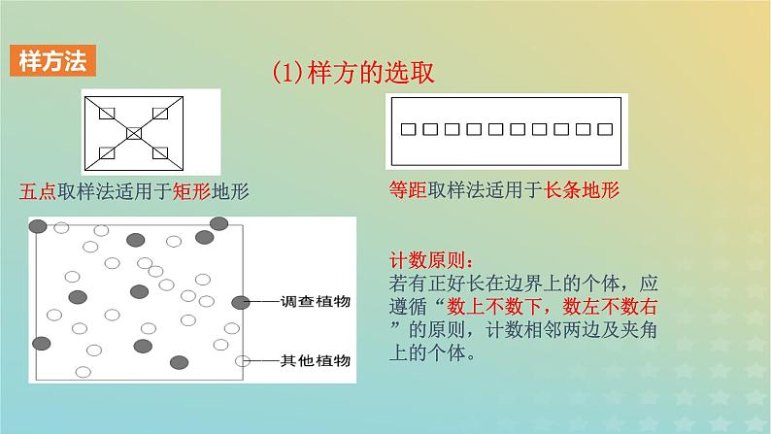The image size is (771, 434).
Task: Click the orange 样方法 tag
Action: pos(52,61)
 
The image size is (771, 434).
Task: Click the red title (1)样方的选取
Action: pos(353,73)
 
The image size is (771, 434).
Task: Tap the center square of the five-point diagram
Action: pos(134,133)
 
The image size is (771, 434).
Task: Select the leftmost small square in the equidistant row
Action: pos(408,129)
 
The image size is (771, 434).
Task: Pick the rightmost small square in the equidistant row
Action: pos(605,129)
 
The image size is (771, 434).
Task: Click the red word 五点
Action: pos(38,191)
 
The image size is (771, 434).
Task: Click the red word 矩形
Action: pos(191,191)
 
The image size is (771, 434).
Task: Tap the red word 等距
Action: pos(408,189)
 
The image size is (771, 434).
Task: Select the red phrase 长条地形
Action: pos(582,189)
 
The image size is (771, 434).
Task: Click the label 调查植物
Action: pos(316,302)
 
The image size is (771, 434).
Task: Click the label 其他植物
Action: pos(316,361)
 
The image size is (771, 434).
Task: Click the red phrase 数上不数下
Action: pos(494,307)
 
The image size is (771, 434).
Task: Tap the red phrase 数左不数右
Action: pos(610,307)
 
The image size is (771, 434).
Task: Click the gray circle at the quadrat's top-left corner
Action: pos(38,226)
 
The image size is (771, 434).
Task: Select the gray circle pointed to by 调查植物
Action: pos(241,302)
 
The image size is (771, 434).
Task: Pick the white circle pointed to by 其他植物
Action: pos(243,361)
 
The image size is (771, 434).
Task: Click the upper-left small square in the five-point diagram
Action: pos(107,114)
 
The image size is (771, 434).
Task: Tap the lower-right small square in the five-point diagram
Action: pos(160,152)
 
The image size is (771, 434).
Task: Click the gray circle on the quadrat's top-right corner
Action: pos(218,223)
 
